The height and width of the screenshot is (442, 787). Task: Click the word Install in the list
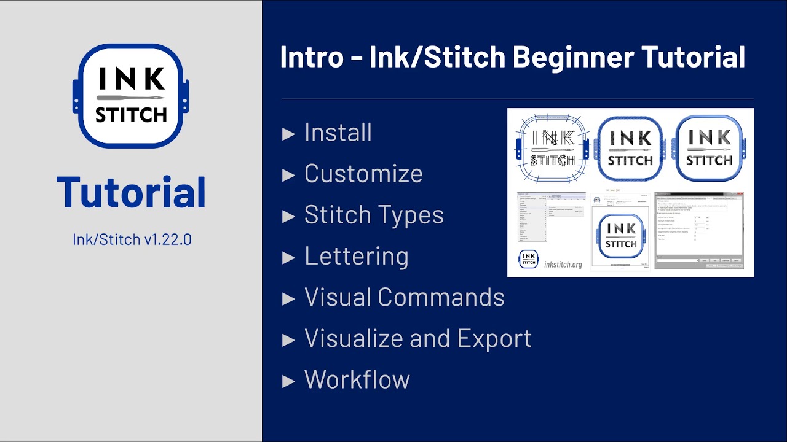click(x=338, y=133)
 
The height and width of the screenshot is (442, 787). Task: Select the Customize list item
click(x=363, y=174)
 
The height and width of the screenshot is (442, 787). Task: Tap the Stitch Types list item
click(x=374, y=215)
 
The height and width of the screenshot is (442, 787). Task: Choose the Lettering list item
click(x=356, y=256)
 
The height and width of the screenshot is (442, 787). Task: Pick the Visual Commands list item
click(x=404, y=297)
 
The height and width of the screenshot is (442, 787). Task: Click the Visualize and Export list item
click(x=417, y=338)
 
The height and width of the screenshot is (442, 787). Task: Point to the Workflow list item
click(x=357, y=379)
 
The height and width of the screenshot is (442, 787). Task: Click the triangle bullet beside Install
click(x=288, y=134)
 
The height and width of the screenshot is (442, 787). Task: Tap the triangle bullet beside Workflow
click(x=288, y=381)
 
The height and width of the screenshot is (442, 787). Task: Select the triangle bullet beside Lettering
click(x=288, y=257)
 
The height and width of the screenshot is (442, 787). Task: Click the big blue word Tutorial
click(x=131, y=192)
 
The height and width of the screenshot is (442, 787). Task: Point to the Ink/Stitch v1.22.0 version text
click(x=132, y=239)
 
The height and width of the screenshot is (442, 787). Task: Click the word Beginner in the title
click(x=572, y=57)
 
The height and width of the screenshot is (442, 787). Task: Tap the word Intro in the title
click(x=311, y=57)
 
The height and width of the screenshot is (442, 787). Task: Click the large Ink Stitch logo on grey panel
click(x=131, y=96)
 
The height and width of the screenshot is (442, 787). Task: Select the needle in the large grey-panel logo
click(x=131, y=98)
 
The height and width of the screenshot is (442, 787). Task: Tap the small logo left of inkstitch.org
click(x=529, y=259)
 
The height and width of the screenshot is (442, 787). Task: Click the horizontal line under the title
click(x=517, y=99)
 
